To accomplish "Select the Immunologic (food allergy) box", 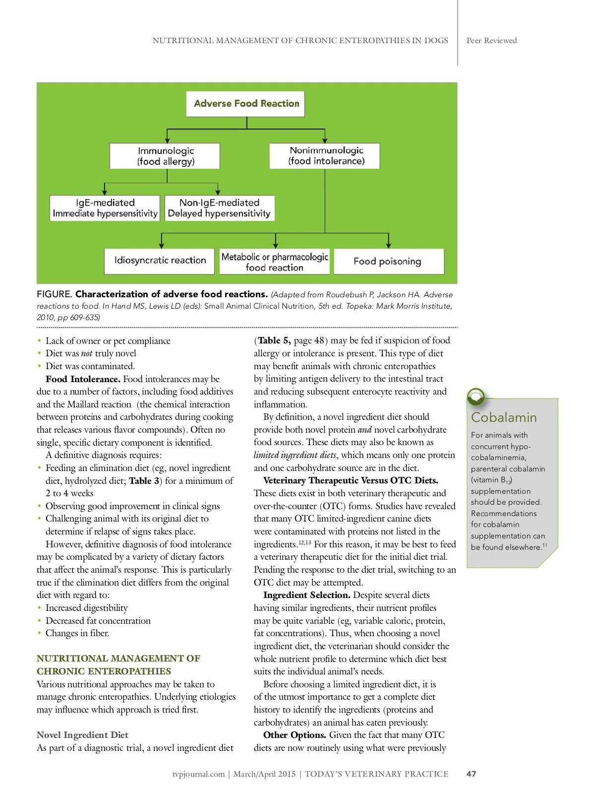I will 165,156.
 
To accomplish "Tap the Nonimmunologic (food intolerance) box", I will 325,156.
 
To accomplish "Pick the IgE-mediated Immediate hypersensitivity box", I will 105,208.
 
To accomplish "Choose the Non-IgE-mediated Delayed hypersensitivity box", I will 220,208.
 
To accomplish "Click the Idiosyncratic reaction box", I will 159,261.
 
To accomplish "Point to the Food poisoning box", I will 388,261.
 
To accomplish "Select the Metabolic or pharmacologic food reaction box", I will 274,262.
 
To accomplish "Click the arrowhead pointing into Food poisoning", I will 388,245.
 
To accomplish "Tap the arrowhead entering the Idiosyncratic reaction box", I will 161,245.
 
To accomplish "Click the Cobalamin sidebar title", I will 503,417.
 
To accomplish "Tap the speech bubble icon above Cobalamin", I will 476,396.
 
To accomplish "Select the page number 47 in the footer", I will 471,774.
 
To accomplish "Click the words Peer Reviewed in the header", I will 491,41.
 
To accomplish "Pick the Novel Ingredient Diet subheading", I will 82,735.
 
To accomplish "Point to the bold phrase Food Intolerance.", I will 83,379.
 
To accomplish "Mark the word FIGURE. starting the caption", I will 55,294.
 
